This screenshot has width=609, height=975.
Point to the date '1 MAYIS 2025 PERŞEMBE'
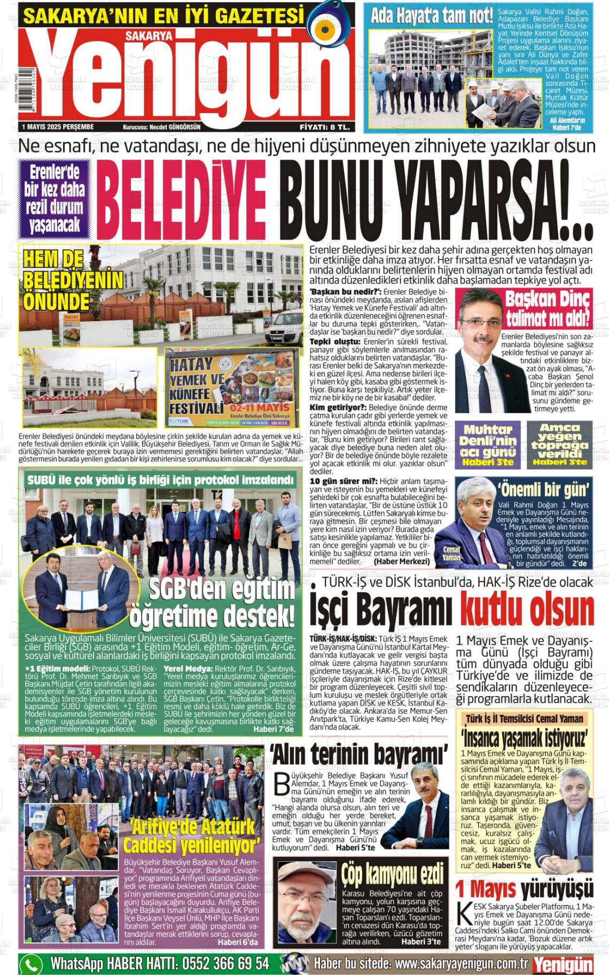click(x=58, y=127)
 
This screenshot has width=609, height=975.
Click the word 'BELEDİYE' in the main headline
click(x=181, y=200)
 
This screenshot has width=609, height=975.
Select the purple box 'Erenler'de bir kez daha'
click(x=54, y=198)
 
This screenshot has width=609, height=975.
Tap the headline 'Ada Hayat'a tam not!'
click(x=432, y=17)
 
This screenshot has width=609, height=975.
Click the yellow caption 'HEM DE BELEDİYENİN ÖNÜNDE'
click(x=72, y=280)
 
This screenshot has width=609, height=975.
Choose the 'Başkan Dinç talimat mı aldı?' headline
click(x=548, y=308)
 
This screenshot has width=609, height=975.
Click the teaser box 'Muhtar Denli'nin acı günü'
click(x=487, y=445)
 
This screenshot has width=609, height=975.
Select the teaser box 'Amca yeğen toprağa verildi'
click(x=559, y=444)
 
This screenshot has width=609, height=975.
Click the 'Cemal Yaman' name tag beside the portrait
click(x=451, y=553)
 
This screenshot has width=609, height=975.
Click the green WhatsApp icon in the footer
click(x=32, y=964)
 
